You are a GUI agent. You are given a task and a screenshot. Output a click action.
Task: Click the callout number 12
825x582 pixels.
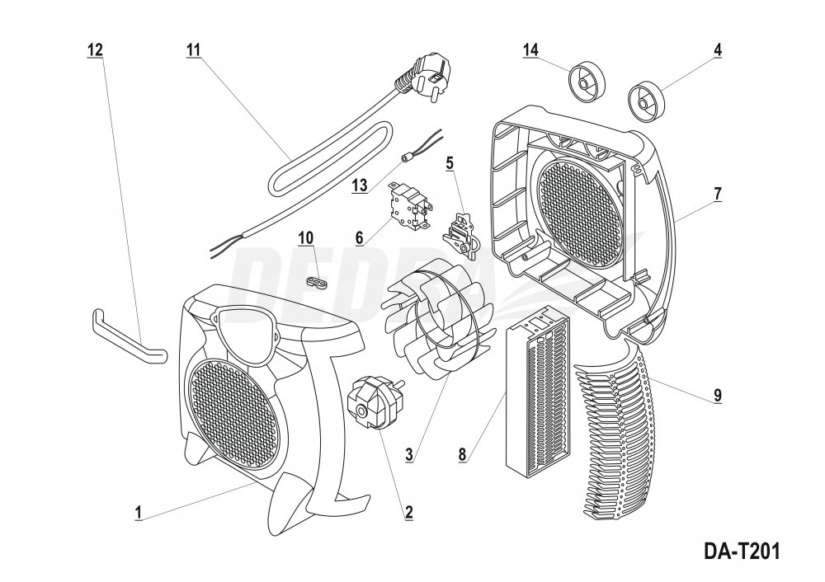click(x=95, y=49)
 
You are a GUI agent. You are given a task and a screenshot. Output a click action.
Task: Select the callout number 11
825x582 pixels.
click(x=194, y=49)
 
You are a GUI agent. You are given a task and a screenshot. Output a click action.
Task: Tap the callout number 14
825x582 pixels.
click(x=530, y=49)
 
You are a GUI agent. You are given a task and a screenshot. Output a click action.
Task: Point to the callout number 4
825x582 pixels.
click(x=718, y=49)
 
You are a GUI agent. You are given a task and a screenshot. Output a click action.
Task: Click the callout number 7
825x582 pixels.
click(x=718, y=194)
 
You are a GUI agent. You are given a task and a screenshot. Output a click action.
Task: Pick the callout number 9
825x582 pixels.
click(x=718, y=394)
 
